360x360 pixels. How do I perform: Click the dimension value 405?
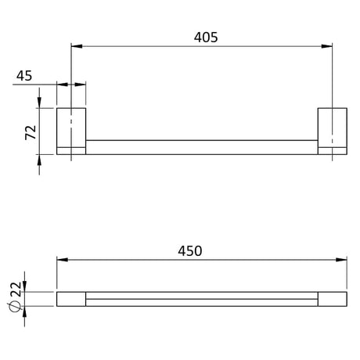(x=206, y=38)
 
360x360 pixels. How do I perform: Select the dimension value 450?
(x=190, y=251)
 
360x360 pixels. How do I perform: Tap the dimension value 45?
(x=24, y=76)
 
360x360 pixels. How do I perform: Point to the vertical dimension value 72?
(x=31, y=132)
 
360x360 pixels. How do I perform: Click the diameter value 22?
(x=16, y=289)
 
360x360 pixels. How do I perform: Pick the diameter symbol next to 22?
(x=15, y=307)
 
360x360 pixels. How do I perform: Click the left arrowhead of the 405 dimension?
(x=77, y=46)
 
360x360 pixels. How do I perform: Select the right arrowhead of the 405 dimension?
(x=327, y=46)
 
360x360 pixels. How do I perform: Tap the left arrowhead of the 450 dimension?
(x=63, y=260)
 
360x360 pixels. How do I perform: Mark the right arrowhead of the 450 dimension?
(x=341, y=260)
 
